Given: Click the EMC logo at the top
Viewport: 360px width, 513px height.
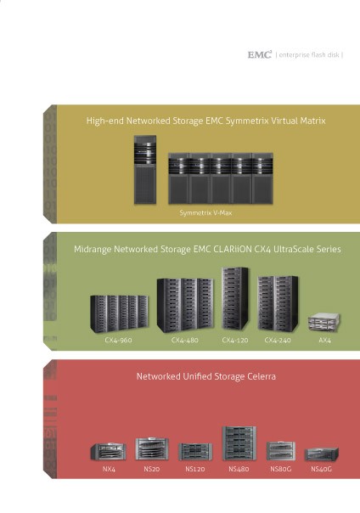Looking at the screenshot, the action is [260, 54].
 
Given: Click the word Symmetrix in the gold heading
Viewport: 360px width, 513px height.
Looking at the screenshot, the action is [245, 121].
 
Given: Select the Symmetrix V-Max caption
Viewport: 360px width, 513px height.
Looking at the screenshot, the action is [205, 212].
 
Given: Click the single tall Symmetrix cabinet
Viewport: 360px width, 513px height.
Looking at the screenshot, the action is [145, 170].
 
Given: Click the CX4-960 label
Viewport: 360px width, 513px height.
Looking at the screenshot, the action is [118, 340].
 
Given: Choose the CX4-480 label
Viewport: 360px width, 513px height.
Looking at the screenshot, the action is [185, 340].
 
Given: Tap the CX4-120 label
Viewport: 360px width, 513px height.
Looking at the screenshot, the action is [235, 340].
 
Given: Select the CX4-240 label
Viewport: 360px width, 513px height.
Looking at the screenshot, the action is [278, 340].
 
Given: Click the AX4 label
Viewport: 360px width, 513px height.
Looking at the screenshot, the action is [324, 340].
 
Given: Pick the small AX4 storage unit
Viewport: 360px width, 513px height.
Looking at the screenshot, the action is [324, 322].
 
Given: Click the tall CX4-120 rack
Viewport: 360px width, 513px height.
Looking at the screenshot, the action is [235, 298].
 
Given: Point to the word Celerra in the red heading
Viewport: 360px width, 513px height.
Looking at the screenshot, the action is [262, 376].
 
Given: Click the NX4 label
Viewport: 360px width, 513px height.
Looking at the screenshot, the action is [109, 469].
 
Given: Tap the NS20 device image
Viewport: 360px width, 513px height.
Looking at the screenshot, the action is [152, 448].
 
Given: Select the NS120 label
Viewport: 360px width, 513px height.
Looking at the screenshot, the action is [195, 469].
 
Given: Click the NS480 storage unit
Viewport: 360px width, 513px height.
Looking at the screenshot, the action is [239, 443].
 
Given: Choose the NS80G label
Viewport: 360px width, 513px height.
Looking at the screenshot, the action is [281, 469].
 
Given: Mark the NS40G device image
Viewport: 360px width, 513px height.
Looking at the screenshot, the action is [322, 454].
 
